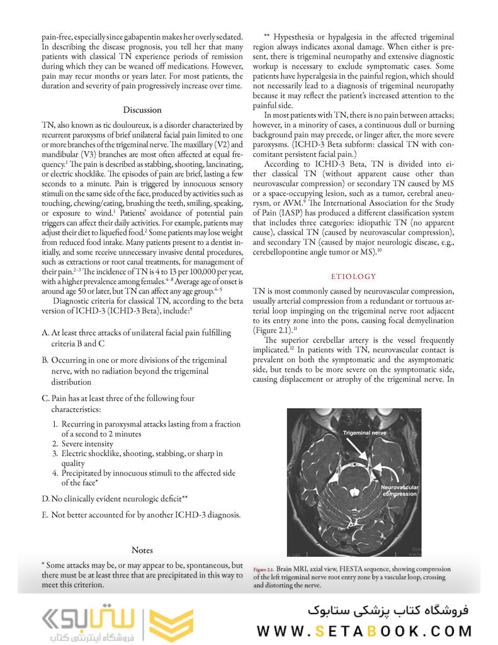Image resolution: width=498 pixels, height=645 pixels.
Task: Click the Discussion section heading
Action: point(142,110)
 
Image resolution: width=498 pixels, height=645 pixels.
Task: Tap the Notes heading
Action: point(142,550)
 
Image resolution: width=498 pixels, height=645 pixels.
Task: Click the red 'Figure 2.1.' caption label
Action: point(264,568)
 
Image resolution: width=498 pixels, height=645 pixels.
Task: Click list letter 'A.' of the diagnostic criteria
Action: point(46,332)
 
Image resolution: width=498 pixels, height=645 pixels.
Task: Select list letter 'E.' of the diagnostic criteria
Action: point(46,515)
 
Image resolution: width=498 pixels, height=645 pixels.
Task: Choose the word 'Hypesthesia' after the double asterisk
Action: point(300,37)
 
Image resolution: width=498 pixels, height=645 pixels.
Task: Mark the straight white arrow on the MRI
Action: point(361,452)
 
